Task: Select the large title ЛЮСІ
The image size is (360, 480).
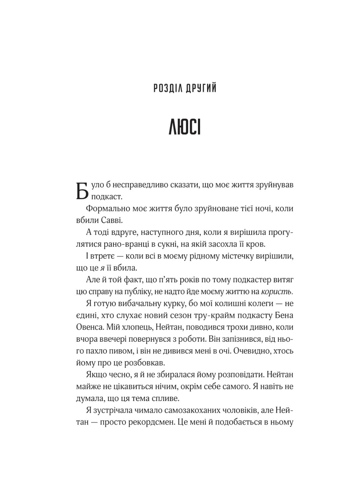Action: pyautogui.click(x=185, y=127)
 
